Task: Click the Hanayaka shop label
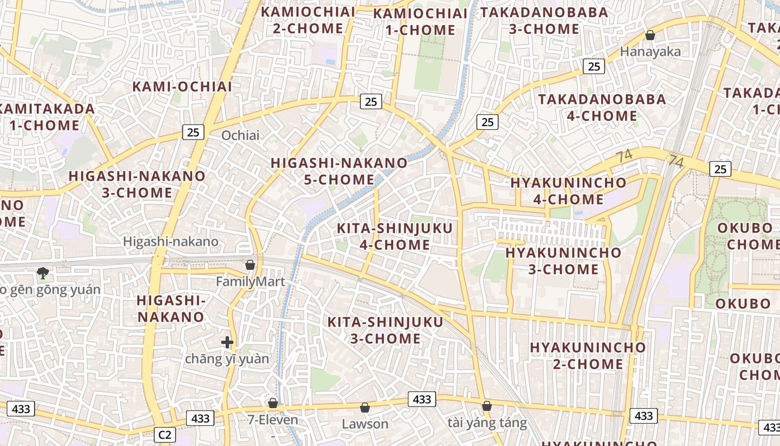[650, 52]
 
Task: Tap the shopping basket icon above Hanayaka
[650, 36]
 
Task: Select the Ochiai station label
[241, 135]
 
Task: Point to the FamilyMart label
[250, 282]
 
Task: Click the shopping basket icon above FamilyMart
[250, 265]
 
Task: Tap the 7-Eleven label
[273, 420]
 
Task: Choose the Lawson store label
[365, 424]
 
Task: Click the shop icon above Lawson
[365, 408]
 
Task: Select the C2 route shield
[165, 435]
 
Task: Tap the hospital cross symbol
[227, 342]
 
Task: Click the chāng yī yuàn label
[227, 359]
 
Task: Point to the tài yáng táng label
[487, 423]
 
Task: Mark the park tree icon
[42, 273]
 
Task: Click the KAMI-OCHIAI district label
[182, 86]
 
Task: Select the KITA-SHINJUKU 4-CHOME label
[394, 236]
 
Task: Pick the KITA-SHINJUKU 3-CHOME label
[385, 330]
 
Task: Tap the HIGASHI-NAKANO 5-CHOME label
[339, 171]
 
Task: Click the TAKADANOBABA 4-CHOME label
[602, 108]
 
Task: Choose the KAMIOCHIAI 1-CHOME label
[420, 22]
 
